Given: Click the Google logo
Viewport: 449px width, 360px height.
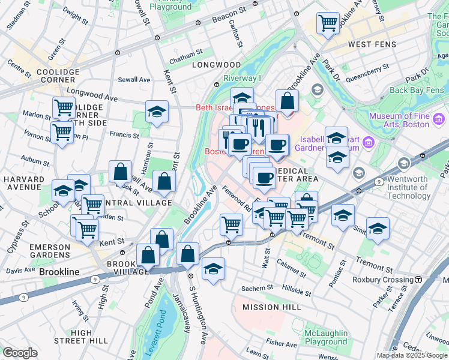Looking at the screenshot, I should [x=20, y=353].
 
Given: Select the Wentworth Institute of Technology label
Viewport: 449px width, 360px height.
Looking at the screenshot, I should [x=405, y=187].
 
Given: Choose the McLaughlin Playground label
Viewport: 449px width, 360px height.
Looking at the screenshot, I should [x=326, y=337].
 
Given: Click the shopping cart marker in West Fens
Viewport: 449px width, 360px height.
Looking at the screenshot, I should [x=328, y=24].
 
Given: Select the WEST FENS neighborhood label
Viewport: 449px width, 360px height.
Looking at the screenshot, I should [x=369, y=45].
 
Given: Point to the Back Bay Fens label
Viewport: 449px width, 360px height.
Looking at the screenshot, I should [x=417, y=90].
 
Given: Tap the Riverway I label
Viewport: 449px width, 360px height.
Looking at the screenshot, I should [x=242, y=78].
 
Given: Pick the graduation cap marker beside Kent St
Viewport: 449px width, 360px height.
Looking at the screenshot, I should [x=157, y=112].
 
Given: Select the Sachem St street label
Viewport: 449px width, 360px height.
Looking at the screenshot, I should [x=258, y=289].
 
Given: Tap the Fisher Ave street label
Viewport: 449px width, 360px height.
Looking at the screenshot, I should [x=282, y=344].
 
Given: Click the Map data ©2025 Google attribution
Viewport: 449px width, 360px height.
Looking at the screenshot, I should [x=411, y=355].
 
